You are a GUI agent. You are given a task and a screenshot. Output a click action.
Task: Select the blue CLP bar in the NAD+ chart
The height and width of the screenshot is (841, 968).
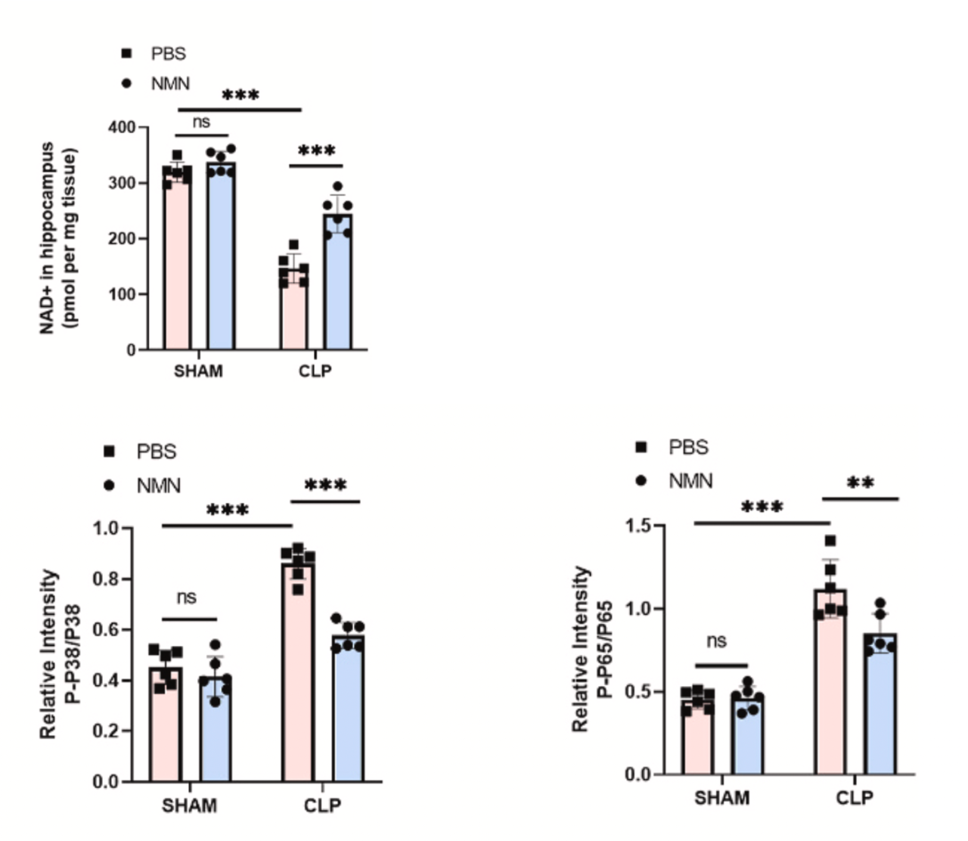[x=338, y=287]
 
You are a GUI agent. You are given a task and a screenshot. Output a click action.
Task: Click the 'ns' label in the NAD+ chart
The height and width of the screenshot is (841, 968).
[x=201, y=122]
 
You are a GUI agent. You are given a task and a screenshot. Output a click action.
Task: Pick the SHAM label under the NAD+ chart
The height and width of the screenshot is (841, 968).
[x=198, y=371]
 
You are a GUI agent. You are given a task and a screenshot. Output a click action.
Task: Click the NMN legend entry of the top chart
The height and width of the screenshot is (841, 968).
[x=170, y=83]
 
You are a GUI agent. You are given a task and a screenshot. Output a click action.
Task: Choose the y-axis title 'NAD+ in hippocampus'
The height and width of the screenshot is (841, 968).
[x=48, y=237]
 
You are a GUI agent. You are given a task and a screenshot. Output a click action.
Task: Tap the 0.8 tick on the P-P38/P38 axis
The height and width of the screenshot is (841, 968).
[x=107, y=579]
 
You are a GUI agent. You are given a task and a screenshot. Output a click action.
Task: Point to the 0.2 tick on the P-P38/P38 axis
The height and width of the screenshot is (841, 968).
[x=107, y=731]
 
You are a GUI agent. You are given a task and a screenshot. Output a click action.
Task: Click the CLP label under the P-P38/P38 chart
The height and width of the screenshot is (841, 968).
[x=322, y=805]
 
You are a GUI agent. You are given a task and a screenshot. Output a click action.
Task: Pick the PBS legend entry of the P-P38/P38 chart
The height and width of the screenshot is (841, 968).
[x=156, y=452]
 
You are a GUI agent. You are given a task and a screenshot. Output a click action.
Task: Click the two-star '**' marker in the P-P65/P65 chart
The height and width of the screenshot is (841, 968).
[x=861, y=483]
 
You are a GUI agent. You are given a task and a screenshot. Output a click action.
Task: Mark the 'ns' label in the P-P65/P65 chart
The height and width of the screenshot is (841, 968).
[x=716, y=641]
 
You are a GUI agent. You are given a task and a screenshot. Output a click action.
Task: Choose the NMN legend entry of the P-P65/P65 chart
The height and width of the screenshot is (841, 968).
[x=690, y=480]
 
